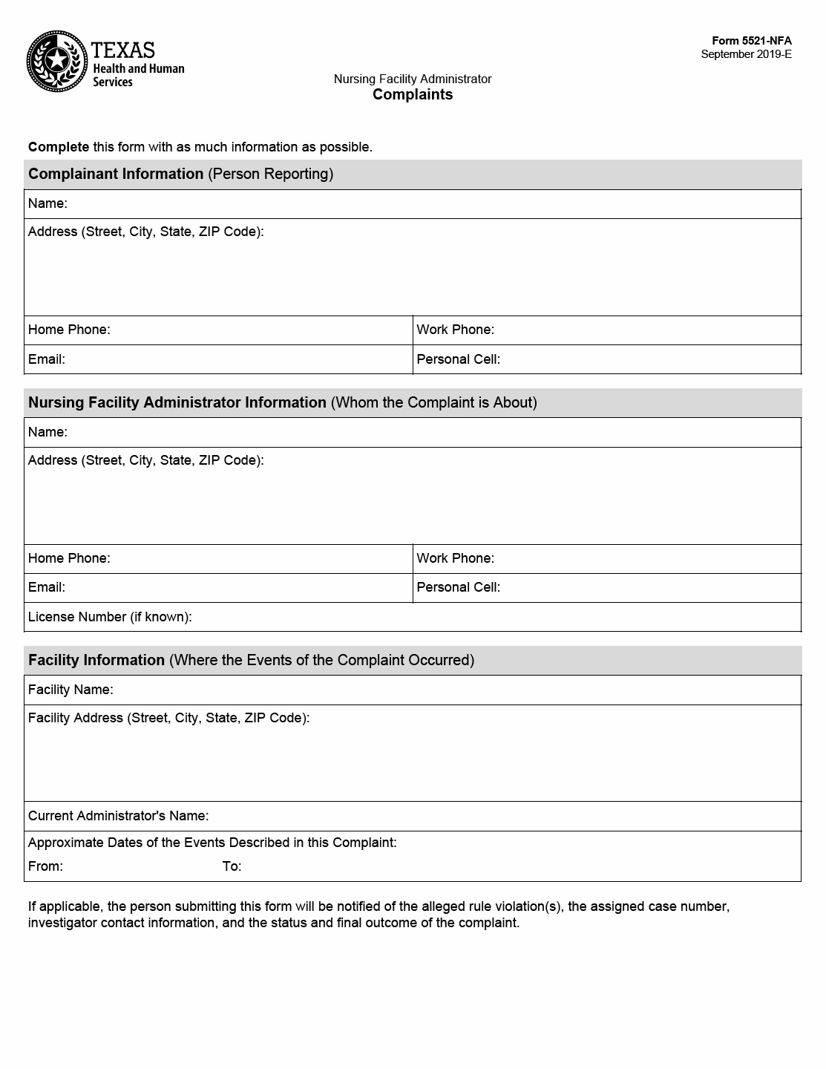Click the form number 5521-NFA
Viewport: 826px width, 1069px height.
[x=752, y=41]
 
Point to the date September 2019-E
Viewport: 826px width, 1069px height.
[x=746, y=54]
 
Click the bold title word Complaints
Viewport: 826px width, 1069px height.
[x=413, y=94]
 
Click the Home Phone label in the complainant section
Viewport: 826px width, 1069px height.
[x=69, y=330]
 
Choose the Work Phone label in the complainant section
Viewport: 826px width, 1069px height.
[x=455, y=330]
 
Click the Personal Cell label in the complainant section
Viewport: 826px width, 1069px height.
[x=458, y=359]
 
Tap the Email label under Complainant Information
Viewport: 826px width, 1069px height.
[x=47, y=359]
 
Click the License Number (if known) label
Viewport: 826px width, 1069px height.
[x=110, y=617]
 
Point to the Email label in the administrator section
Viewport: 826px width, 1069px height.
[x=47, y=587]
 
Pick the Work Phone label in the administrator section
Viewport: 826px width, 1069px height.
[x=455, y=558]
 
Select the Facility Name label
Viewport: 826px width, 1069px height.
[x=71, y=690]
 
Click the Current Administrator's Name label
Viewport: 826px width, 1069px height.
[x=118, y=816]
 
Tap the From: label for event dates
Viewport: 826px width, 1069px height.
[x=45, y=866]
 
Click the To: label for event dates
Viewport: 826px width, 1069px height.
[x=232, y=866]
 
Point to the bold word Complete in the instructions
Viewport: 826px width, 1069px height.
[x=59, y=147]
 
